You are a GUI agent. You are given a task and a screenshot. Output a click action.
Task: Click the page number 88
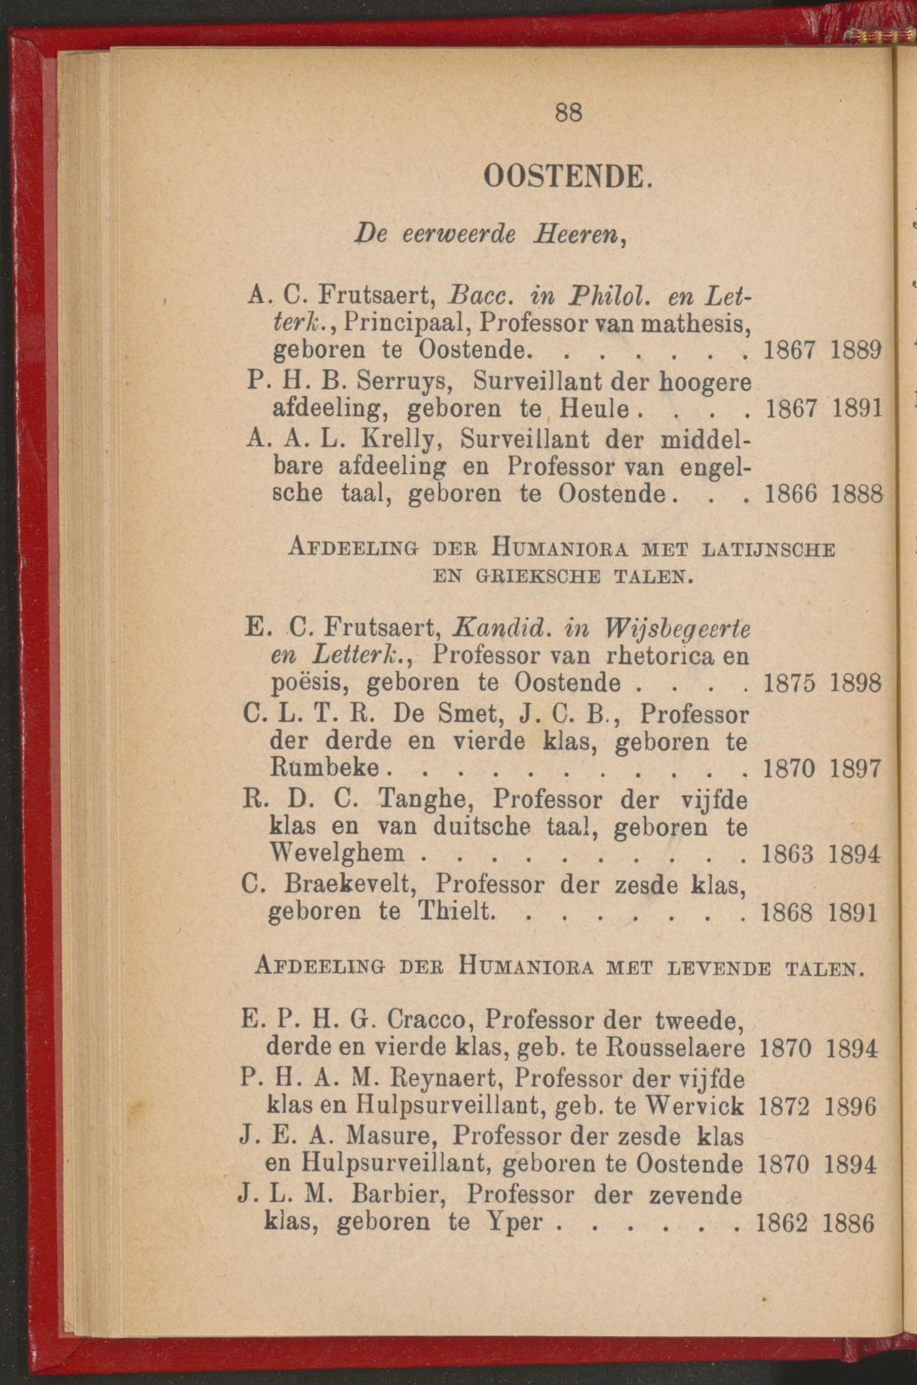pyautogui.click(x=569, y=113)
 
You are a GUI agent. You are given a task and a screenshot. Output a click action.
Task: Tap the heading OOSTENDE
pyautogui.click(x=564, y=176)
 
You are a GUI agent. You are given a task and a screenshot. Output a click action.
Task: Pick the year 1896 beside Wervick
pyautogui.click(x=850, y=1107)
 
